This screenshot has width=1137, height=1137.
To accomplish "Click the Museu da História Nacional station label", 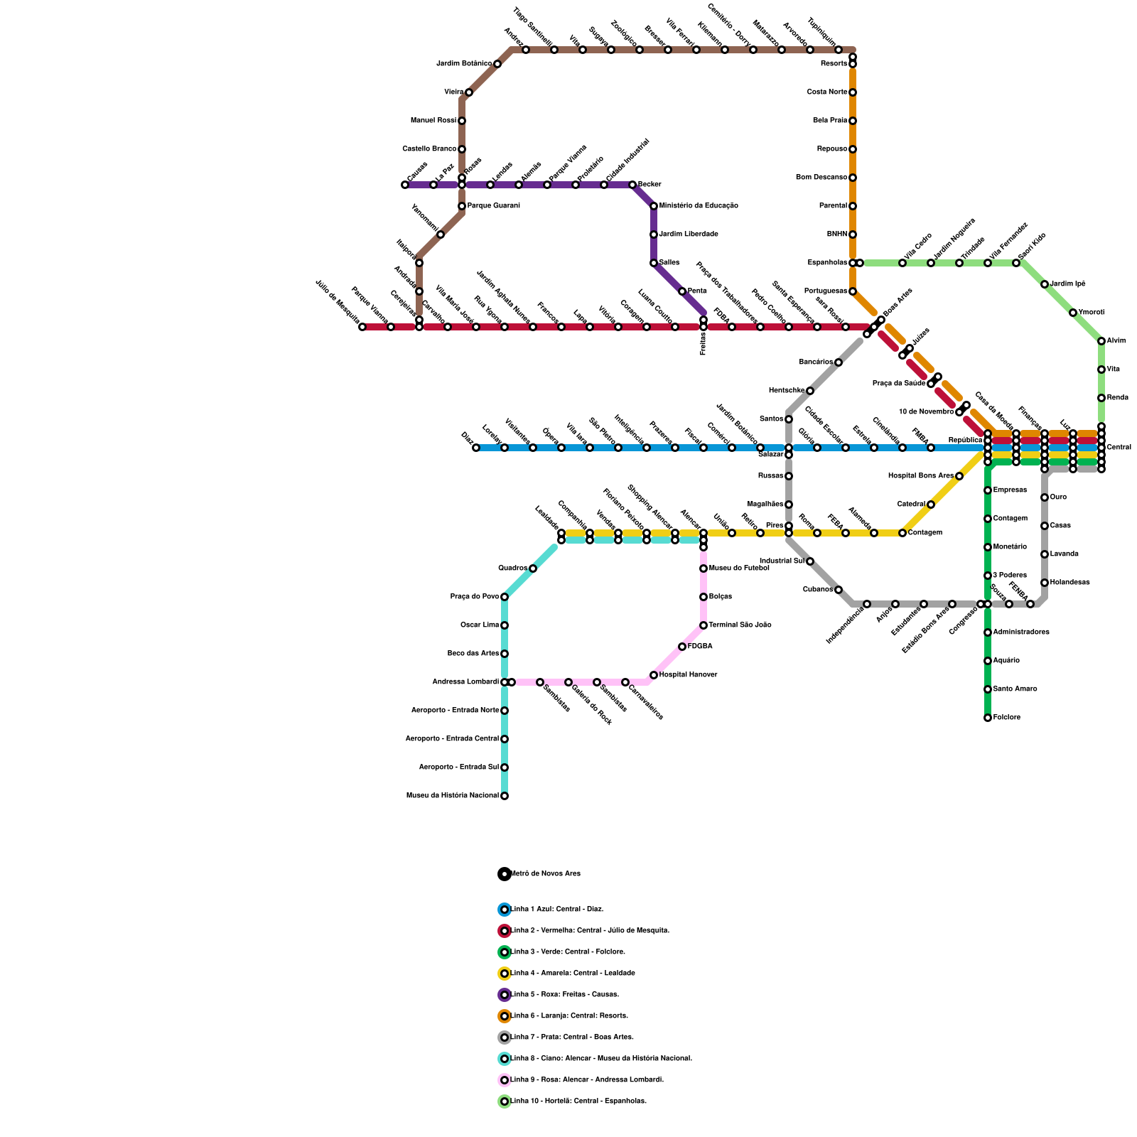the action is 453,796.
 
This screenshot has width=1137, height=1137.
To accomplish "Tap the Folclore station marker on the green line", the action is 988,718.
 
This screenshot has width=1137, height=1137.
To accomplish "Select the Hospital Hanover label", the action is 688,675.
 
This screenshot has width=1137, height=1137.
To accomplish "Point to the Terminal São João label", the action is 740,625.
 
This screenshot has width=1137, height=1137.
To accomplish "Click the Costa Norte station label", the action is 827,92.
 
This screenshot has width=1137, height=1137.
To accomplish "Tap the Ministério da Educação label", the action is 699,206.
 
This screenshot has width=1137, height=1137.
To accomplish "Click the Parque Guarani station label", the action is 493,206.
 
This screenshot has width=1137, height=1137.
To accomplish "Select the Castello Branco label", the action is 429,149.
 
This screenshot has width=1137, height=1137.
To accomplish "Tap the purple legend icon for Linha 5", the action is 505,995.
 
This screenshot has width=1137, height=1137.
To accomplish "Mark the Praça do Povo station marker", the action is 505,597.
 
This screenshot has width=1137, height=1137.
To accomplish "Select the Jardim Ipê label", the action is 1067,284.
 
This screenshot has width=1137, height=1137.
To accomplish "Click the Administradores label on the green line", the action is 1021,632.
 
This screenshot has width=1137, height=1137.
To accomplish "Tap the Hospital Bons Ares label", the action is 921,476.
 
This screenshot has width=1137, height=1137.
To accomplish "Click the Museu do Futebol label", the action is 739,568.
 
